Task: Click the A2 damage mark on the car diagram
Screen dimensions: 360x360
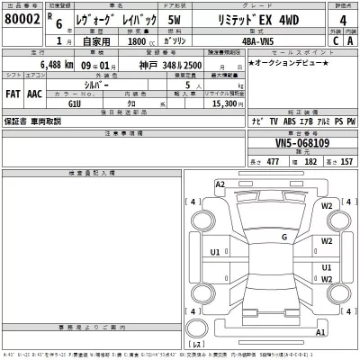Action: coord(220,184)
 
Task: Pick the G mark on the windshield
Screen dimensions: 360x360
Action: coord(284,237)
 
